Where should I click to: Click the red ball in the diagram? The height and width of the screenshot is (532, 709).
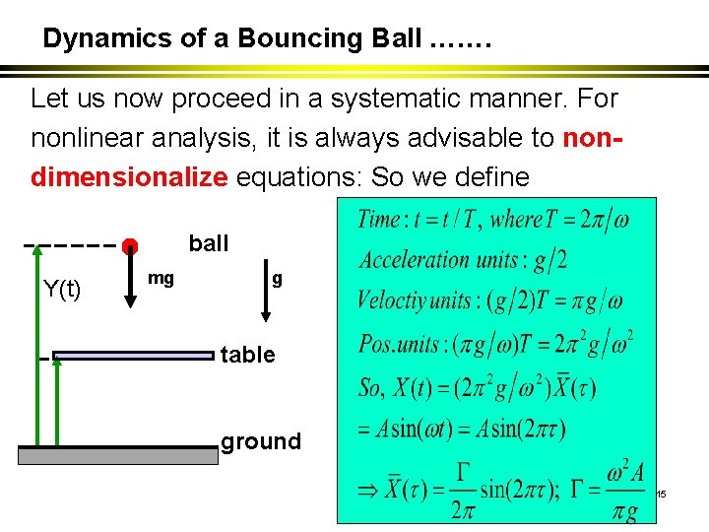pyautogui.click(x=130, y=245)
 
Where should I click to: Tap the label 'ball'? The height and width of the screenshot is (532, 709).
pyautogui.click(x=208, y=243)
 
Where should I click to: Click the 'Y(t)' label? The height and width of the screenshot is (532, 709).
pyautogui.click(x=63, y=289)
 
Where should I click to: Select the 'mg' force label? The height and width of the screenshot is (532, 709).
pyautogui.click(x=161, y=279)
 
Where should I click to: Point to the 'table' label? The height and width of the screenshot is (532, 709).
pyautogui.click(x=247, y=355)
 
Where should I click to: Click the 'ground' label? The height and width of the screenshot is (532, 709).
pyautogui.click(x=261, y=441)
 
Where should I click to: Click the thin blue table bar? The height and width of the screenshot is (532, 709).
pyautogui.click(x=133, y=356)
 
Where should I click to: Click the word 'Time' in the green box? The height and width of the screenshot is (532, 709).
pyautogui.click(x=379, y=219)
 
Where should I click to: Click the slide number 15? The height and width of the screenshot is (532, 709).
pyautogui.click(x=661, y=493)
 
